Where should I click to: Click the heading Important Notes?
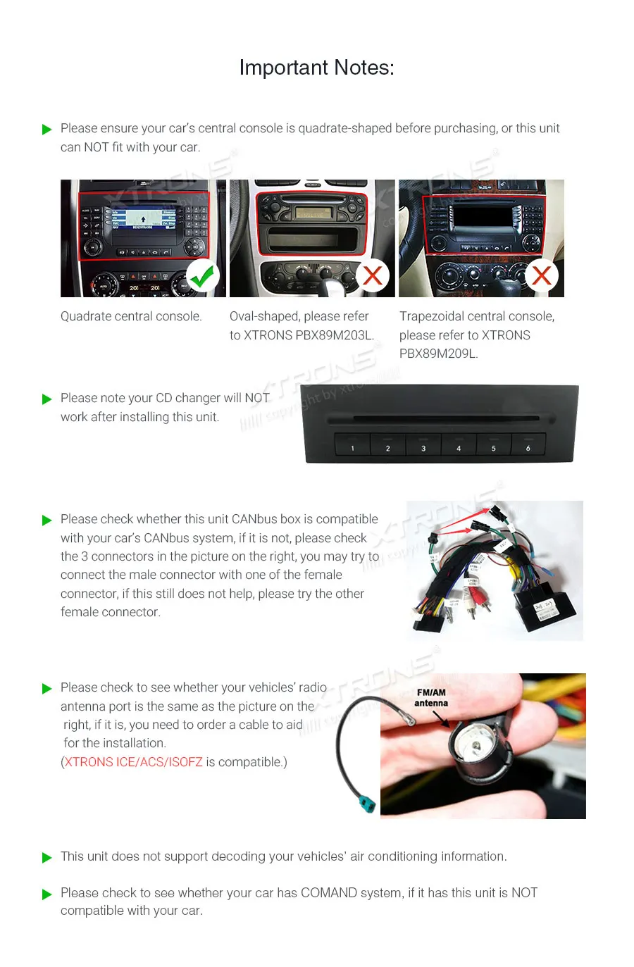316,68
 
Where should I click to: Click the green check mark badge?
203,276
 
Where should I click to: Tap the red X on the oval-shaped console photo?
373,275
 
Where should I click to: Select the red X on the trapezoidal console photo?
542,275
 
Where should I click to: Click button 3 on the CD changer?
423,447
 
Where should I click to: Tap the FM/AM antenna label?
431,697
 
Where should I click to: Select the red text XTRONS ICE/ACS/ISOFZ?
134,762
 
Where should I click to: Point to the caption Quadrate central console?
131,316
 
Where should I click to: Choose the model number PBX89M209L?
437,354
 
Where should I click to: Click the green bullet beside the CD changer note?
47,399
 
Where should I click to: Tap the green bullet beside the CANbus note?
47,520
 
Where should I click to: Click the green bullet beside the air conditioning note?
47,857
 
